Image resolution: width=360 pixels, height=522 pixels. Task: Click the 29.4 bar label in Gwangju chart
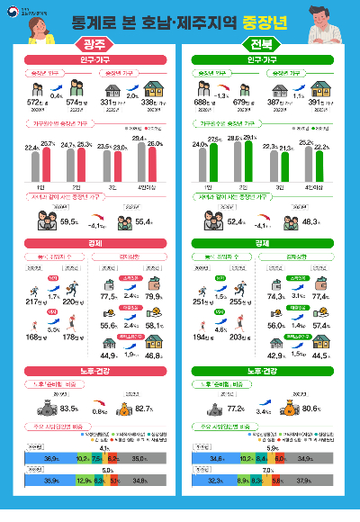tap(139, 138)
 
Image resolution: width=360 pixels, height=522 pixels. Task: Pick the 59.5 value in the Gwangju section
tap(64, 220)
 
